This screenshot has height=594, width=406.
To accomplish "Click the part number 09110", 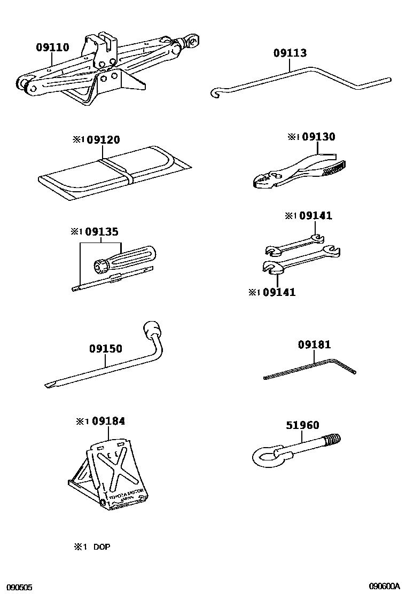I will tap(52, 48).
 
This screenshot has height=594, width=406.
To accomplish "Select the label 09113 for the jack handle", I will tap(290, 53).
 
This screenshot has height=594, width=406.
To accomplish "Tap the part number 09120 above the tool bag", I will tap(104, 140).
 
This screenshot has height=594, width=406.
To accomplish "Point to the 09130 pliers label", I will tap(318, 137).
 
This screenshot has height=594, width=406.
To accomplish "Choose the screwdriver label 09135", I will tap(101, 232).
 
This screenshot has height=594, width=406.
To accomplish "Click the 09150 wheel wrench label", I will tap(106, 349).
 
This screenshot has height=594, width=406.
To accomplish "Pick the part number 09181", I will tap(315, 345).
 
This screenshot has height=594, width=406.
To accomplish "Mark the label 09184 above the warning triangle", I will tap(108, 421).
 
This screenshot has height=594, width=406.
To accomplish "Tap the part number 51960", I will tap(303, 425).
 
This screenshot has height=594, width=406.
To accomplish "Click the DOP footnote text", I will tap(101, 547).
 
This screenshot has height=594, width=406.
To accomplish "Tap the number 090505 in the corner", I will tap(17, 587).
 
